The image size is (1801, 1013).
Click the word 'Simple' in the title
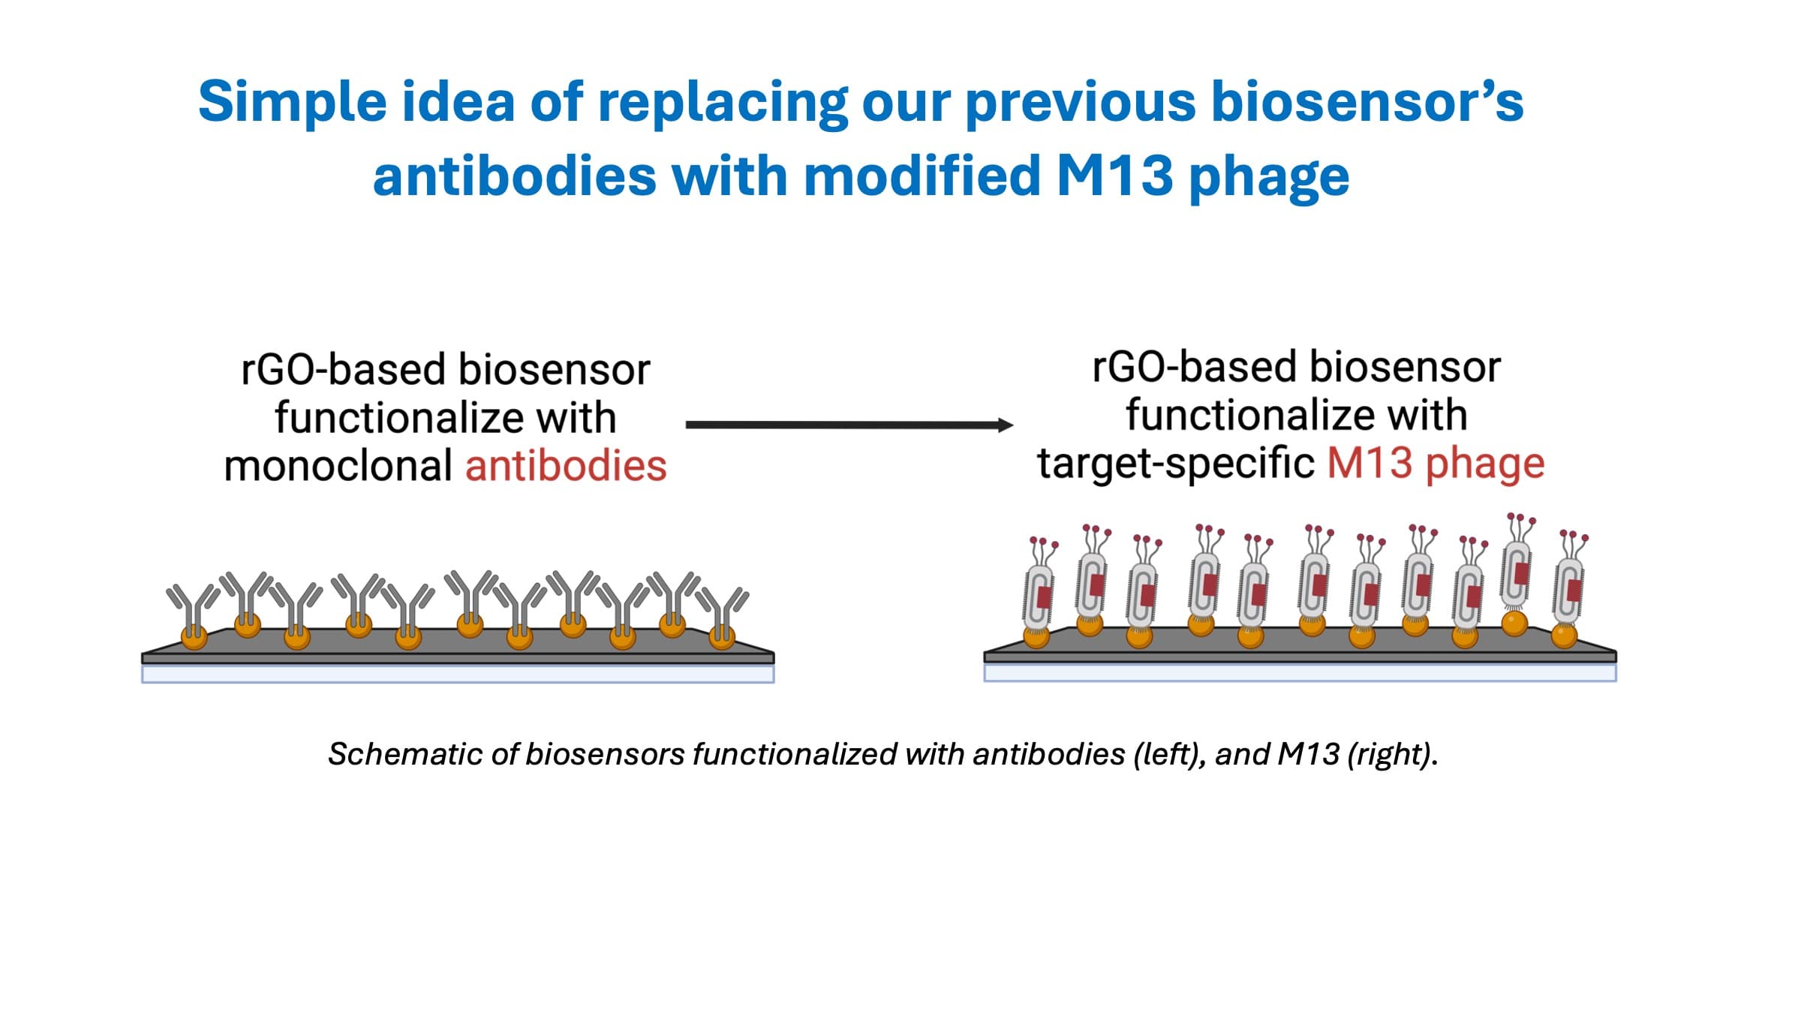(293, 101)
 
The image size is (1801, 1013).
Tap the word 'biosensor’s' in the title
(1367, 101)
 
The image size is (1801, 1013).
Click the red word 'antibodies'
(566, 466)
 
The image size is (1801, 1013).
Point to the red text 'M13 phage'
(1436, 463)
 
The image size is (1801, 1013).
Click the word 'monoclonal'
(338, 466)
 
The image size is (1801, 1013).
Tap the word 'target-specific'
(1175, 463)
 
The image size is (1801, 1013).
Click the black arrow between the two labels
(848, 425)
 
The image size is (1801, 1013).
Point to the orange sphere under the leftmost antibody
(194, 638)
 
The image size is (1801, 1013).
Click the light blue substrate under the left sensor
(458, 674)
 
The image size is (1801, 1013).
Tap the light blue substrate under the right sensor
(1300, 672)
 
